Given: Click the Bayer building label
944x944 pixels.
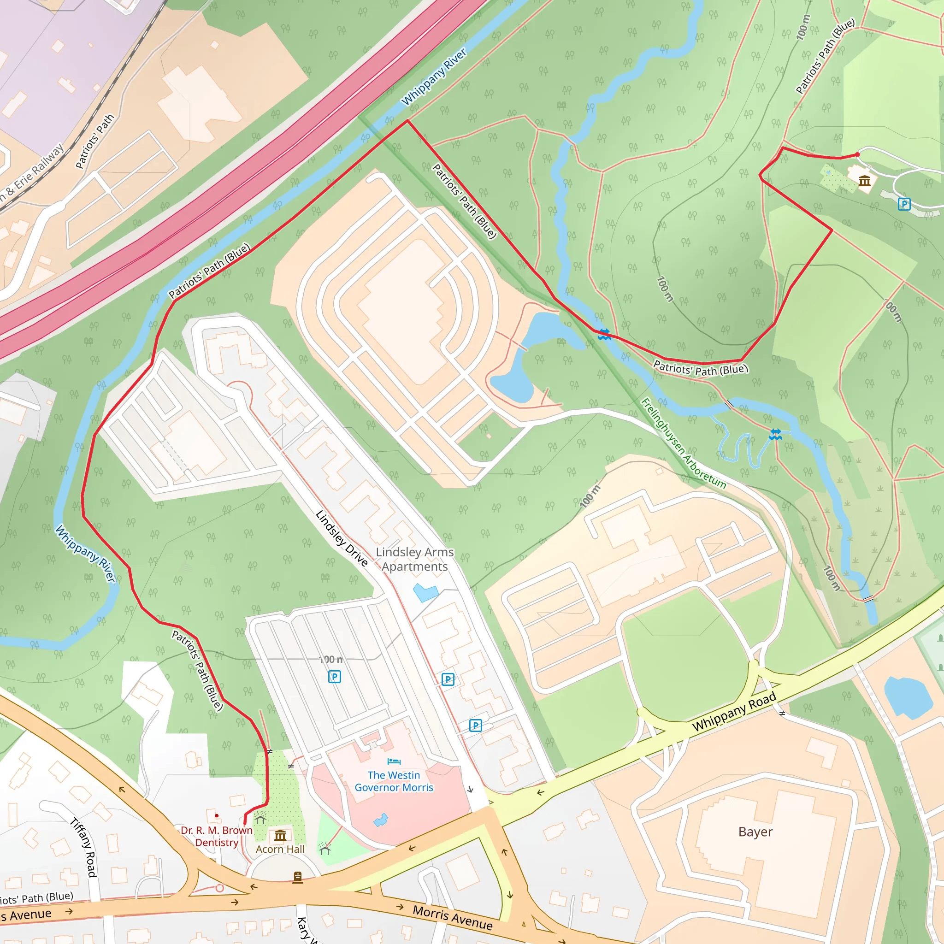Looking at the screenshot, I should (x=755, y=832).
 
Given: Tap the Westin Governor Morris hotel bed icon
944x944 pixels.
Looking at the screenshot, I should (x=394, y=761).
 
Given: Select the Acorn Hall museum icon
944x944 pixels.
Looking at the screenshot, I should (x=280, y=836).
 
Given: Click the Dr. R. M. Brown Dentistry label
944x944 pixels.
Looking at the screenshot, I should (x=217, y=836).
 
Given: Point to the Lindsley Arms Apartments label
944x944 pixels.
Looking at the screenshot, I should (x=414, y=559).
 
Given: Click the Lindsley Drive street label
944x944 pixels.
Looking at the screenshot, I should (x=342, y=538).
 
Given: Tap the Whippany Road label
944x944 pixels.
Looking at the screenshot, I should (x=734, y=711).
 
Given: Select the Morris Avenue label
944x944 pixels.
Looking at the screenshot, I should (x=453, y=918).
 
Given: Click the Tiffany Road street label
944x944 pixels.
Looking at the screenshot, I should (x=84, y=847).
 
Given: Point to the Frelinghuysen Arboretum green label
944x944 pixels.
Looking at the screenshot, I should (x=683, y=443).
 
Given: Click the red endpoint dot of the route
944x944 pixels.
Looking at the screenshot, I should (x=857, y=155).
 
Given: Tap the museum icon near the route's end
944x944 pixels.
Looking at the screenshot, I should (x=865, y=181).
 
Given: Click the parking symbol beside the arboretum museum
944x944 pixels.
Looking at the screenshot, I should (x=904, y=204).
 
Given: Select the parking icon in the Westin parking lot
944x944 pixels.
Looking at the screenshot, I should (x=335, y=677).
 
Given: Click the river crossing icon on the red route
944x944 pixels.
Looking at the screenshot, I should (x=604, y=335).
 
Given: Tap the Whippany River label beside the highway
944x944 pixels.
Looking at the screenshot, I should (x=434, y=77).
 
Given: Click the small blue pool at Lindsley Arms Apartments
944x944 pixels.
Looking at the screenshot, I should (x=425, y=592).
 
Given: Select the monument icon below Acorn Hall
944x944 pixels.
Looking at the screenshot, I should (x=298, y=878).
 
